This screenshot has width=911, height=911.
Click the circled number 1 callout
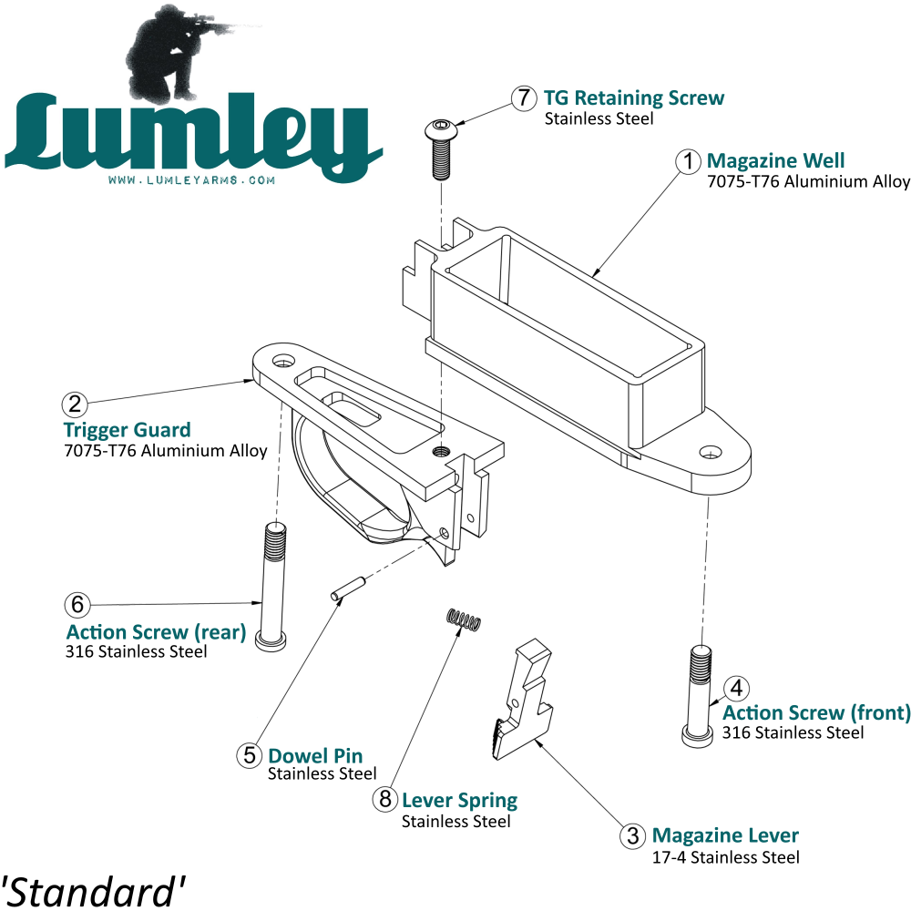688,161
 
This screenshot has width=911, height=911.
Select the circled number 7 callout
523,98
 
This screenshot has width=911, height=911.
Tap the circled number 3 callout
632,835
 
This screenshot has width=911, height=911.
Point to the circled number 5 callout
249,755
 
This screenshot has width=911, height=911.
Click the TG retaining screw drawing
440,148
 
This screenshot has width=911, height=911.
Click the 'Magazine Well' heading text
775,161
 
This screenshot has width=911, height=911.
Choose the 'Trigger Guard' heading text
127,430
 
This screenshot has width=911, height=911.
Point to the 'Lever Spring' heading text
459,801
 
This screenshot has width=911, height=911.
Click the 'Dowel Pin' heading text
315,755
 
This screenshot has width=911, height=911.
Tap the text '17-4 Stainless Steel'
725,857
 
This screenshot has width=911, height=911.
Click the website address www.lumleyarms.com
191,180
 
